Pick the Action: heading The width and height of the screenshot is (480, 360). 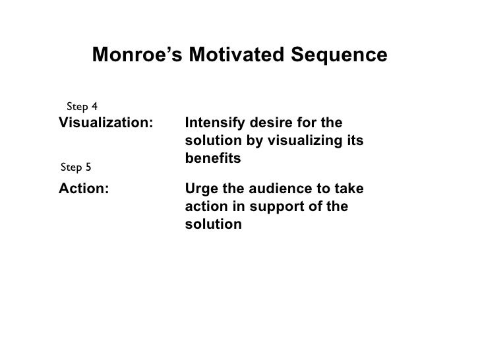tap(84, 189)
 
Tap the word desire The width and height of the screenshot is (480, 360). tap(267, 123)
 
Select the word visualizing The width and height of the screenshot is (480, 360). tap(308, 142)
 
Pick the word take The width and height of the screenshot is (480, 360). tap(347, 189)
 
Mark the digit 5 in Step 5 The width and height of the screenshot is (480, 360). tap(88, 166)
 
